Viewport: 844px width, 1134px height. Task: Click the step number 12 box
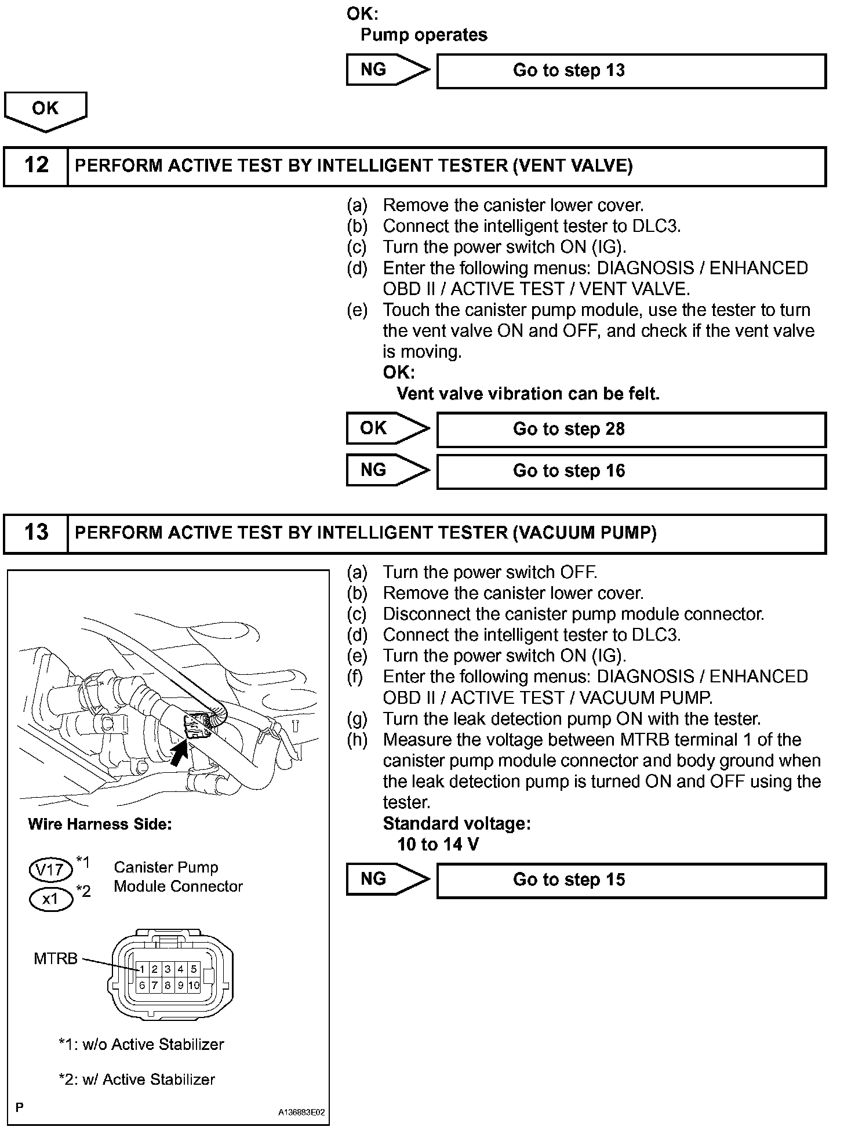[x=36, y=166]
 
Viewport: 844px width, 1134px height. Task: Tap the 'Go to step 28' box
[x=631, y=430]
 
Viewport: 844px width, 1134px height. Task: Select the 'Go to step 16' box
[x=631, y=471]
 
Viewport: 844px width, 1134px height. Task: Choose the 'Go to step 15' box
[x=631, y=880]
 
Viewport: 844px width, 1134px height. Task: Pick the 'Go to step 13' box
[x=631, y=71]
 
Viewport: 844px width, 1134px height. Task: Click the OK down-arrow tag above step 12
[x=45, y=110]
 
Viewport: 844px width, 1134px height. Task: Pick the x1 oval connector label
[x=50, y=899]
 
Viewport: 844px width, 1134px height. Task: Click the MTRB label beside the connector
[x=55, y=959]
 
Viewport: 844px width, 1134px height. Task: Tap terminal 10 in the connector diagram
[x=194, y=985]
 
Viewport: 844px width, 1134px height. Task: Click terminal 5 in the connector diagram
[x=194, y=969]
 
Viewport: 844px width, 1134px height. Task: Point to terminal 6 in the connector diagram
[x=142, y=985]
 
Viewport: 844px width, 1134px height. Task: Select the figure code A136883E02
[x=301, y=1113]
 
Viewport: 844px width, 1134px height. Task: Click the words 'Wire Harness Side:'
[x=100, y=824]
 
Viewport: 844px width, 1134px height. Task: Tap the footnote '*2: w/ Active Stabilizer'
[x=137, y=1080]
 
